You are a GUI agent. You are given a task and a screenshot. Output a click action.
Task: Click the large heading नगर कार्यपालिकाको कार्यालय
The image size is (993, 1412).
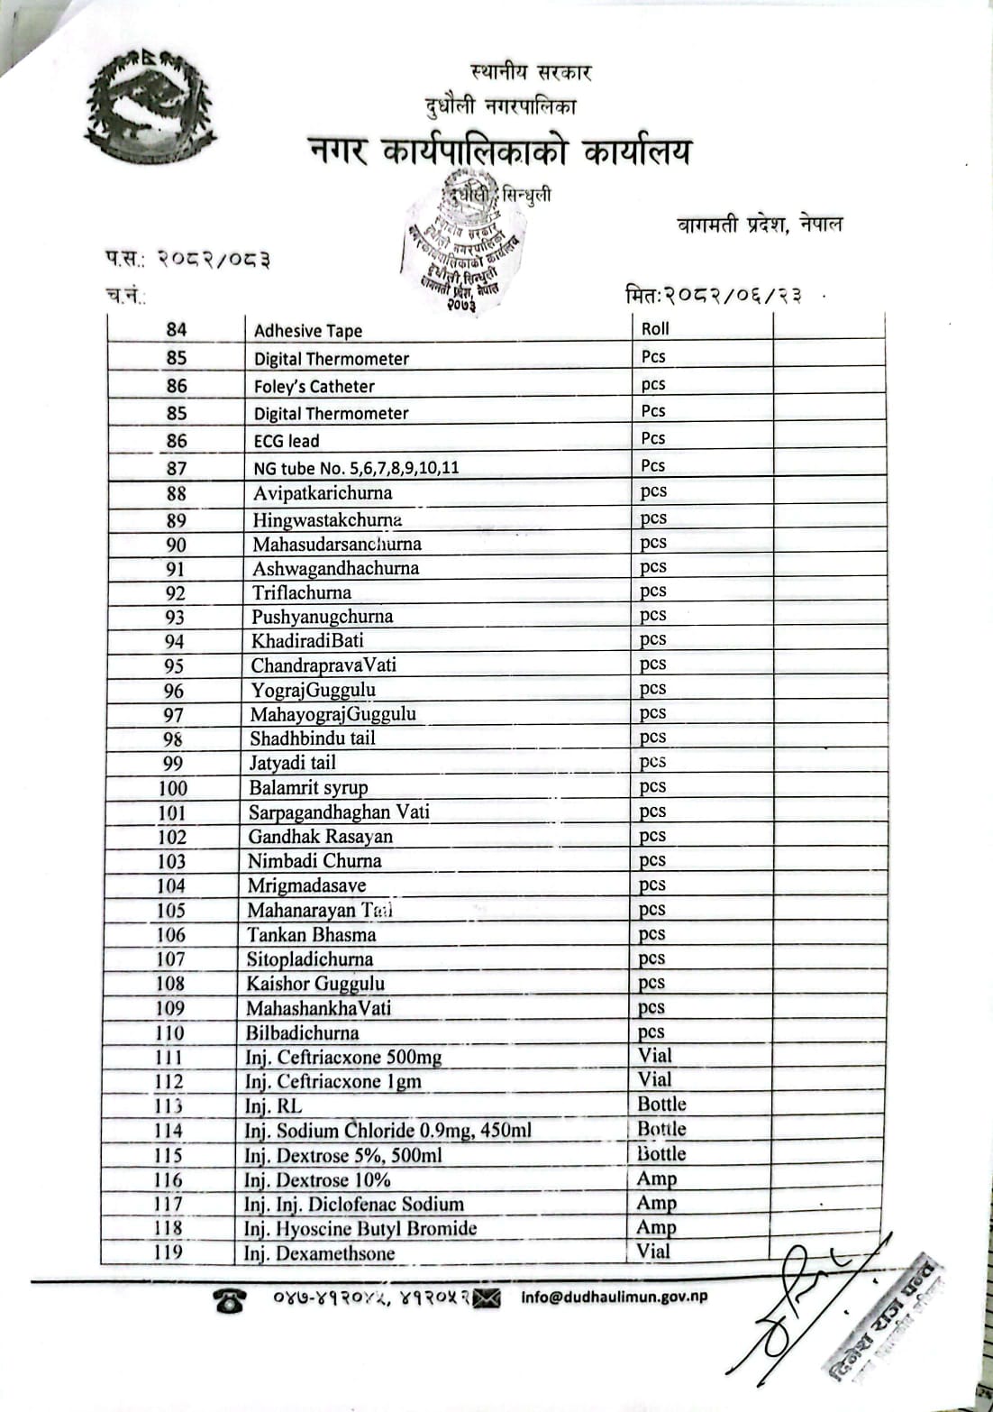499,151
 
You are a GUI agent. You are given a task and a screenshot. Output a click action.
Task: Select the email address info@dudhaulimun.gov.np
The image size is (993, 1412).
615,1297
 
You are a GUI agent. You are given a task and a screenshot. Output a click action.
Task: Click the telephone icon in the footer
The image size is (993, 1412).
230,1300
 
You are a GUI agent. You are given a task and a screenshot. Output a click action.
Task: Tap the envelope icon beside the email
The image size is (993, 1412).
487,1298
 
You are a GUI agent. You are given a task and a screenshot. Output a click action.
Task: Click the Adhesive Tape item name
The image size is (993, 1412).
307,331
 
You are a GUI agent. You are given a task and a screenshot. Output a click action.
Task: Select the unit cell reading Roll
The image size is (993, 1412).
655,329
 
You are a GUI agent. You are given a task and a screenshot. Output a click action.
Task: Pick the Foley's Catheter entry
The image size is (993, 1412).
314,387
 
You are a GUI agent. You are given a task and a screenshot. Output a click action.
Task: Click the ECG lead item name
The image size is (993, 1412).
287,441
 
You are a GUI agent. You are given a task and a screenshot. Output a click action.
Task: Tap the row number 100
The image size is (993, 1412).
173,787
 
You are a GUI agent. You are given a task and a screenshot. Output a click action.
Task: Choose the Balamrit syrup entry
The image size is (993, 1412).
308,787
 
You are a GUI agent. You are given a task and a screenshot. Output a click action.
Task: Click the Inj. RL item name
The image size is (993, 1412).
273,1106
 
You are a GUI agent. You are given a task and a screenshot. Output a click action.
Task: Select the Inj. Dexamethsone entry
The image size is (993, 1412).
319,1253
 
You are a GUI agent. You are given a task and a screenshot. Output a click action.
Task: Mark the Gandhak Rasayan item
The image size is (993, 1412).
320,836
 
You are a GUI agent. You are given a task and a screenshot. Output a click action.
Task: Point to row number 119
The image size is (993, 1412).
169,1252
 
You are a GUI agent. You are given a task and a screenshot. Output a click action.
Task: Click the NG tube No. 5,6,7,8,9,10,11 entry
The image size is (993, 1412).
356,468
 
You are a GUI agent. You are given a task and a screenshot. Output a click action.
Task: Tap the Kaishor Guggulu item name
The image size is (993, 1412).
315,984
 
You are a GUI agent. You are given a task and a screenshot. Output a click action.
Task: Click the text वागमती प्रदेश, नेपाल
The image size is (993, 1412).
760,225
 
